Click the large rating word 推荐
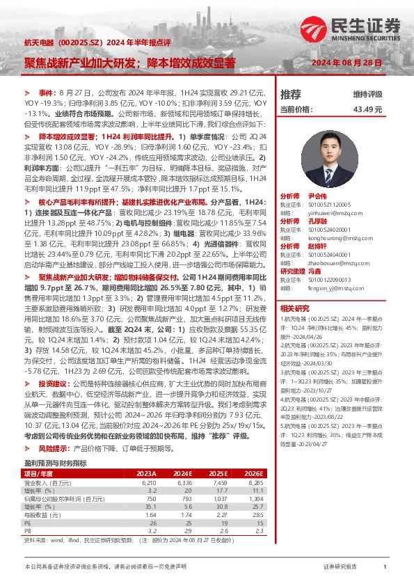pos(291,94)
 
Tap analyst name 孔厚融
pos(318,220)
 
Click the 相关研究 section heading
pos(294,308)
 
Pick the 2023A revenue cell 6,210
pos(153,482)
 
